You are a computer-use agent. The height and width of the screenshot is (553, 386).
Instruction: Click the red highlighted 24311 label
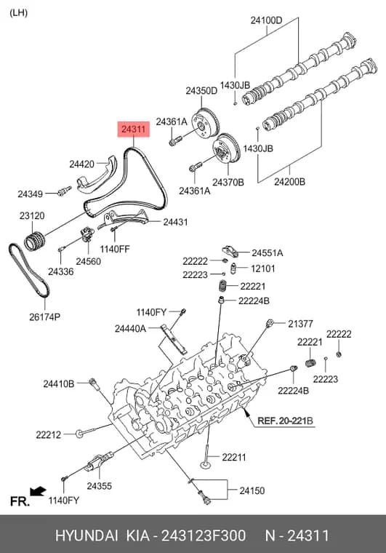click(x=134, y=130)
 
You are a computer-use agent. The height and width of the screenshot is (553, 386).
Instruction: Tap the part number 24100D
click(x=266, y=20)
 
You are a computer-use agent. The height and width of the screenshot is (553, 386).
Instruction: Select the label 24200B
click(x=290, y=182)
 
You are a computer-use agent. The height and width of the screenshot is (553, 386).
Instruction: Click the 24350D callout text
click(x=201, y=91)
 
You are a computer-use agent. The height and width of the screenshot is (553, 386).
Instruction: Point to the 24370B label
click(x=228, y=183)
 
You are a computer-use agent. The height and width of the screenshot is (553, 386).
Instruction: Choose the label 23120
click(x=32, y=215)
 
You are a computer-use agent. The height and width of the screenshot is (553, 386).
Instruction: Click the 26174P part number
click(x=45, y=317)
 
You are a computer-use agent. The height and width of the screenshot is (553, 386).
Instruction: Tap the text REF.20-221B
click(x=285, y=421)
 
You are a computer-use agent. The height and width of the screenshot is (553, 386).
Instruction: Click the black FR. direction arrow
click(x=38, y=491)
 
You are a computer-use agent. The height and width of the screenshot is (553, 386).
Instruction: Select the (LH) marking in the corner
click(x=18, y=13)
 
